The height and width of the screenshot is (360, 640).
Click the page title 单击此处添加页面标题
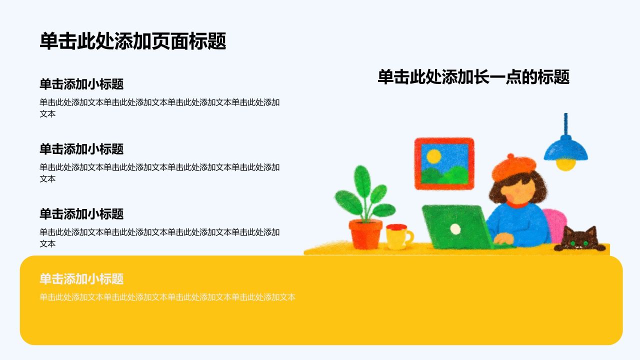coord(133,41)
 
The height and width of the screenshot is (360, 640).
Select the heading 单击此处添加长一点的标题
coord(473,77)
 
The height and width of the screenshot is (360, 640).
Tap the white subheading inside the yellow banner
coord(81,279)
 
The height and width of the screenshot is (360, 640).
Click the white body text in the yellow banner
coord(167,297)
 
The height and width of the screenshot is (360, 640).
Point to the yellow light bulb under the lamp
coord(565,165)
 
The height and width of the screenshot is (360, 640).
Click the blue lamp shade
coord(565,148)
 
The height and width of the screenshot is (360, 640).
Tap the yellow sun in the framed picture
coord(433,156)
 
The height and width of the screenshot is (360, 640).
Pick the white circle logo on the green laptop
coord(455,229)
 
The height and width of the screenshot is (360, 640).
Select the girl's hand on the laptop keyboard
coord(504,239)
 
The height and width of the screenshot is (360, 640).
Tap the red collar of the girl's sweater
coord(517,204)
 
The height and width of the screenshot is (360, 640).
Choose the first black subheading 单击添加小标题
coord(81,84)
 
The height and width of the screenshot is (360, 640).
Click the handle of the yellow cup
coord(409,237)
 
